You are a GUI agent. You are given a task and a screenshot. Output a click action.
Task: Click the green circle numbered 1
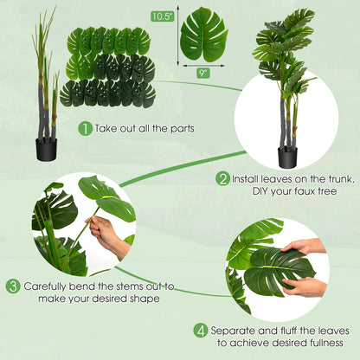[x=86, y=128]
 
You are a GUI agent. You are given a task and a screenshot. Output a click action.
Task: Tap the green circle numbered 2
[x=223, y=178]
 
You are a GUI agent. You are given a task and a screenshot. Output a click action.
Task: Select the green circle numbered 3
[x=13, y=286]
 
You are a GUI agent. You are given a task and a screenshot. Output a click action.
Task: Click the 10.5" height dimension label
[x=161, y=16]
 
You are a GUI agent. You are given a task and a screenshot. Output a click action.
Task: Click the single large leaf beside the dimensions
[x=203, y=34]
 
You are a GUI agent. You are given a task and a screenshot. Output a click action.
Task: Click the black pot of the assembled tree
[x=286, y=157]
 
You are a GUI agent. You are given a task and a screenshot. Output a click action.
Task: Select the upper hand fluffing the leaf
[x=304, y=247]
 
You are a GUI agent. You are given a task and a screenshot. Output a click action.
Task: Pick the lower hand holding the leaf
[x=307, y=286]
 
